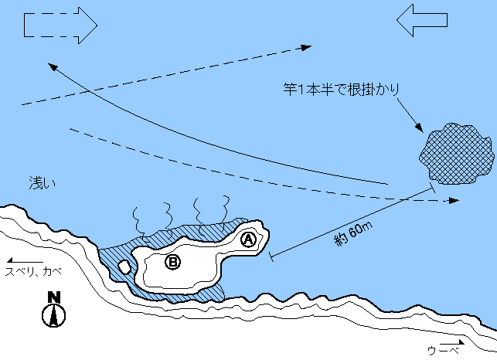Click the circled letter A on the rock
click(248, 239)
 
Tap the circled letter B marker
click(173, 263)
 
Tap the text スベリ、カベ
click(33, 272)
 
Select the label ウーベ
click(444, 350)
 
